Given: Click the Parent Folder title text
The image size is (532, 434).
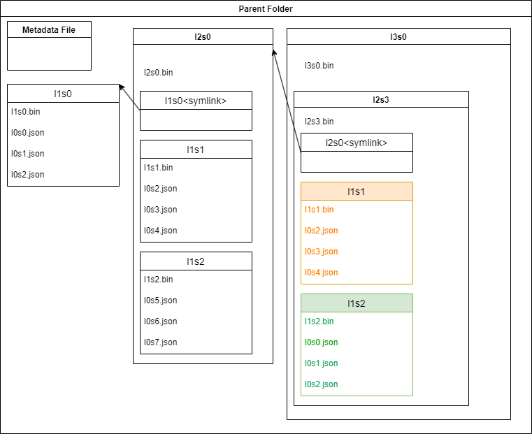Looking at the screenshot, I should [266, 8].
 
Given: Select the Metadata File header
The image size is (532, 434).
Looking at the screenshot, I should [49, 29].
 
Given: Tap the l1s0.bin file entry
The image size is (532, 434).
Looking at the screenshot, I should [26, 112].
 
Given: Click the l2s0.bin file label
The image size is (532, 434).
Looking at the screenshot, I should [159, 72].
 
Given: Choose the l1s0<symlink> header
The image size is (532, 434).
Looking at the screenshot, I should [196, 101].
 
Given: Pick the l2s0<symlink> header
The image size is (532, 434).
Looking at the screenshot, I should [357, 143].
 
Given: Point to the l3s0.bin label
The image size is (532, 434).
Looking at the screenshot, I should [319, 66].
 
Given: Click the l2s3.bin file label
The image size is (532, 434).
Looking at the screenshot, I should [319, 122].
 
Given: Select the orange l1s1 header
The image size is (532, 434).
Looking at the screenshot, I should [357, 191].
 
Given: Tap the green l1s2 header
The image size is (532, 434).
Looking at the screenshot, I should [357, 303].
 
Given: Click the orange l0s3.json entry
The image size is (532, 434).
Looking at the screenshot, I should [321, 252].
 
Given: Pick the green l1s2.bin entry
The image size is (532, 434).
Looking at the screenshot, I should [319, 321].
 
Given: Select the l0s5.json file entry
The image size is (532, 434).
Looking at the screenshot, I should [161, 301].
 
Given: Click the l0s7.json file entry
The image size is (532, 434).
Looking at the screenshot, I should [161, 342].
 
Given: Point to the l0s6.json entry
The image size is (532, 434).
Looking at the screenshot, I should [161, 321].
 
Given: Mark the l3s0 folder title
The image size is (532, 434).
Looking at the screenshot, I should [398, 36].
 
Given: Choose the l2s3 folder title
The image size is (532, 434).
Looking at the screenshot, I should [381, 99].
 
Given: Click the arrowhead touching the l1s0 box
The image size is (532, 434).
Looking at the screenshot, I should [122, 87].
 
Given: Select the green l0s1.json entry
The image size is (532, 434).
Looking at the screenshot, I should [321, 363].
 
